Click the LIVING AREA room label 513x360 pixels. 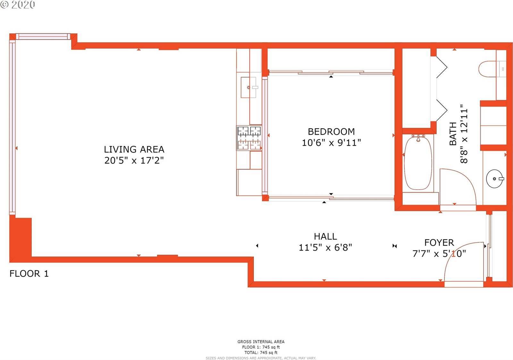[x=134, y=150]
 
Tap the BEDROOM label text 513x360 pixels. [x=331, y=132]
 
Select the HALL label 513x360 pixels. [x=325, y=236]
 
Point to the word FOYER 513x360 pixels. [x=439, y=243]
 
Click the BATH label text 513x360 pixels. [x=453, y=133]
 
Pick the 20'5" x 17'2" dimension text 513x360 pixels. [x=134, y=160]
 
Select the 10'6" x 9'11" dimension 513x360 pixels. [x=331, y=143]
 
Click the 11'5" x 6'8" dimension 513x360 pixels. [x=325, y=247]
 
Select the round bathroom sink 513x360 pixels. [x=495, y=179]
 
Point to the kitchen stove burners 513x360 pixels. [x=249, y=138]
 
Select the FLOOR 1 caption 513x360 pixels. [x=29, y=274]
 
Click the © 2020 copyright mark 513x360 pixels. [x=17, y=4]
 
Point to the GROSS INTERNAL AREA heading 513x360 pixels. [x=261, y=342]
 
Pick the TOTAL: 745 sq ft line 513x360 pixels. [x=261, y=353]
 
